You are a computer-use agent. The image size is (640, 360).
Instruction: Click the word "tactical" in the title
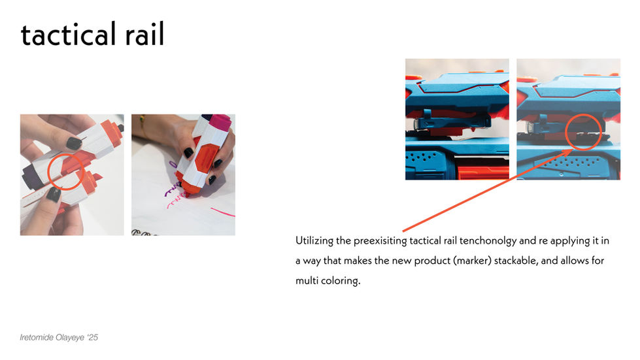tap(69, 34)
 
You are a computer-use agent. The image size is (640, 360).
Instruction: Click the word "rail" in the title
tap(144, 33)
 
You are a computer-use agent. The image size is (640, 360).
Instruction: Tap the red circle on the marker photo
tap(48, 171)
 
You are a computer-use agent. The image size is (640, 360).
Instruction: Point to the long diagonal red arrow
tap(488, 190)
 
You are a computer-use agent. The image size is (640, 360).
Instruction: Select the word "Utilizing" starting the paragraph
tap(314, 241)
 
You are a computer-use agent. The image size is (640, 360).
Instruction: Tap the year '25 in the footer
tap(93, 338)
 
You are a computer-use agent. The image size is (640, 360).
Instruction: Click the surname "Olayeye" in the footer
tap(70, 338)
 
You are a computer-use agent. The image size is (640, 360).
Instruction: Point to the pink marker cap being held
tap(220, 122)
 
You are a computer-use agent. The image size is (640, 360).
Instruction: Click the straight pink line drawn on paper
tap(223, 212)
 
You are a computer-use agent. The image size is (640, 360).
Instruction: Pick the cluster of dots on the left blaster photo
tap(422, 157)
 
